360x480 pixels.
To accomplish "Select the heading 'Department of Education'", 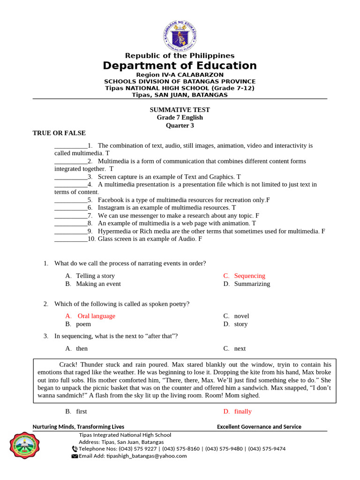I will (180, 66).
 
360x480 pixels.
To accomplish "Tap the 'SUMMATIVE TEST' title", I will (180, 110).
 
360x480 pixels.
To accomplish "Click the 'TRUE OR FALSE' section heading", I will (59, 133).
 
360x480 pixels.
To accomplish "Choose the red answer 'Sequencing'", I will (249, 276).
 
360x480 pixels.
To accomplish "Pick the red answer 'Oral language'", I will (96, 316).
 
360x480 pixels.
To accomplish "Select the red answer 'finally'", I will (243, 412).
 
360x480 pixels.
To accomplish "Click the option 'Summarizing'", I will (252, 284).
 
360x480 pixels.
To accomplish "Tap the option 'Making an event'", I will (98, 284).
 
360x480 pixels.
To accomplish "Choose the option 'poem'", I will (83, 324).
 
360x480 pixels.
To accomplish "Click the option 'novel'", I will (241, 316).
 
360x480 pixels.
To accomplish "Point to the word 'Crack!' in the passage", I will (69, 364).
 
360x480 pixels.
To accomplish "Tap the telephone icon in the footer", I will (75, 449).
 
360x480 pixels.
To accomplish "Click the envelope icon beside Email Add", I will (75, 456).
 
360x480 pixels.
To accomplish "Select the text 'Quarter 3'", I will (180, 126).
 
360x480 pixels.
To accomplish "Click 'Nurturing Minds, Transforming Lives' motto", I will (78, 427).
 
